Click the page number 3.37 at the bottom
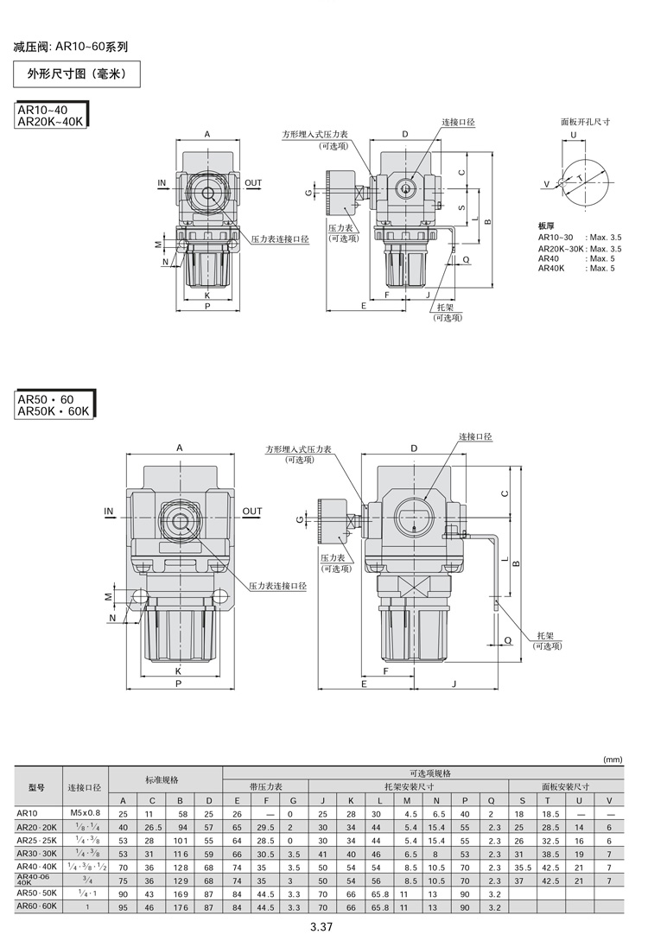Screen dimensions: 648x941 (321, 926)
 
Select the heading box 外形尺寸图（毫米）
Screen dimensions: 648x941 (77, 74)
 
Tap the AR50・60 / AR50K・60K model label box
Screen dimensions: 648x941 (54, 405)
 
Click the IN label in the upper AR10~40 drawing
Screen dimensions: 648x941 (162, 182)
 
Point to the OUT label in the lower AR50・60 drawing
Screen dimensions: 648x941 (252, 512)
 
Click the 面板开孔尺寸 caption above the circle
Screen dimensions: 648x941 (585, 122)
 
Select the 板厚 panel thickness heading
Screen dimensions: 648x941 (546, 226)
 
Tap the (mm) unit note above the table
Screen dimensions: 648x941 (613, 760)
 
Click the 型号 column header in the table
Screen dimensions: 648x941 (36, 787)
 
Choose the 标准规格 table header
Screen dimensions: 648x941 (162, 780)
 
